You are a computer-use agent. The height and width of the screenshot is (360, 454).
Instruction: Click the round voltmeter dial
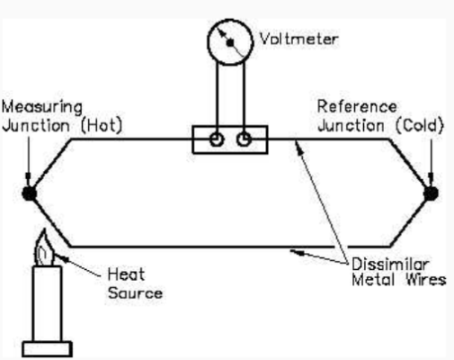pos(230,41)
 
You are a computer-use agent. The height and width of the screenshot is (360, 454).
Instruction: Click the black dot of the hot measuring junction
pos(31,193)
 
